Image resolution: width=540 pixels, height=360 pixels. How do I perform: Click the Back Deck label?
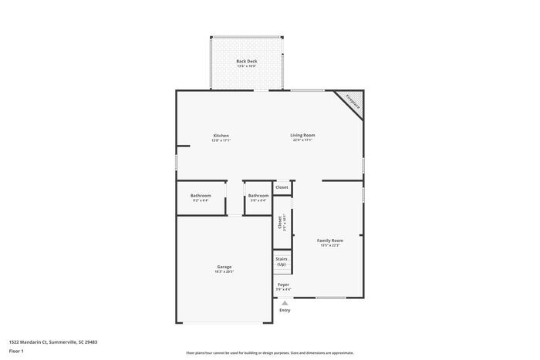247,61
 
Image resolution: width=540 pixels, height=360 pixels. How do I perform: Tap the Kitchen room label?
221,136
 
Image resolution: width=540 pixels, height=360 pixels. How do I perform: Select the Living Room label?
302,135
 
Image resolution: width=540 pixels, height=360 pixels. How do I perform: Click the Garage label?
224,267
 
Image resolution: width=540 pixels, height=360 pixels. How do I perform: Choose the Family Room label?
330,241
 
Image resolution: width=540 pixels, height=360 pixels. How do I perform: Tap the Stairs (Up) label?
282,261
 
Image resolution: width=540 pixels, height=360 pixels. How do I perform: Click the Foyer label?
284,284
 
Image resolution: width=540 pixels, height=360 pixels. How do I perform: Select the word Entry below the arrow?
285,310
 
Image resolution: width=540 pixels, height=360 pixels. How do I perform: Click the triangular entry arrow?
285,302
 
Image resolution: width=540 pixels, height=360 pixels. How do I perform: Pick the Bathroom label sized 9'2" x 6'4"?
201,195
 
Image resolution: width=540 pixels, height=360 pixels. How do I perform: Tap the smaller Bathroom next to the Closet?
258,195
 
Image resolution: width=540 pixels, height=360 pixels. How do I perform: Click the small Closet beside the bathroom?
282,187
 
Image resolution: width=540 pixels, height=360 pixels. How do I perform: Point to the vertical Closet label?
280,222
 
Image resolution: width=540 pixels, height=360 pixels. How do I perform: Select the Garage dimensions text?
224,272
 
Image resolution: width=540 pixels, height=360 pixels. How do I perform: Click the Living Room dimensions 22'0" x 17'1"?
302,140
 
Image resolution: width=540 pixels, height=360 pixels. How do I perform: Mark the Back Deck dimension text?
247,66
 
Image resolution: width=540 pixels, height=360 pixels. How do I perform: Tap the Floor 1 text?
17,351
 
